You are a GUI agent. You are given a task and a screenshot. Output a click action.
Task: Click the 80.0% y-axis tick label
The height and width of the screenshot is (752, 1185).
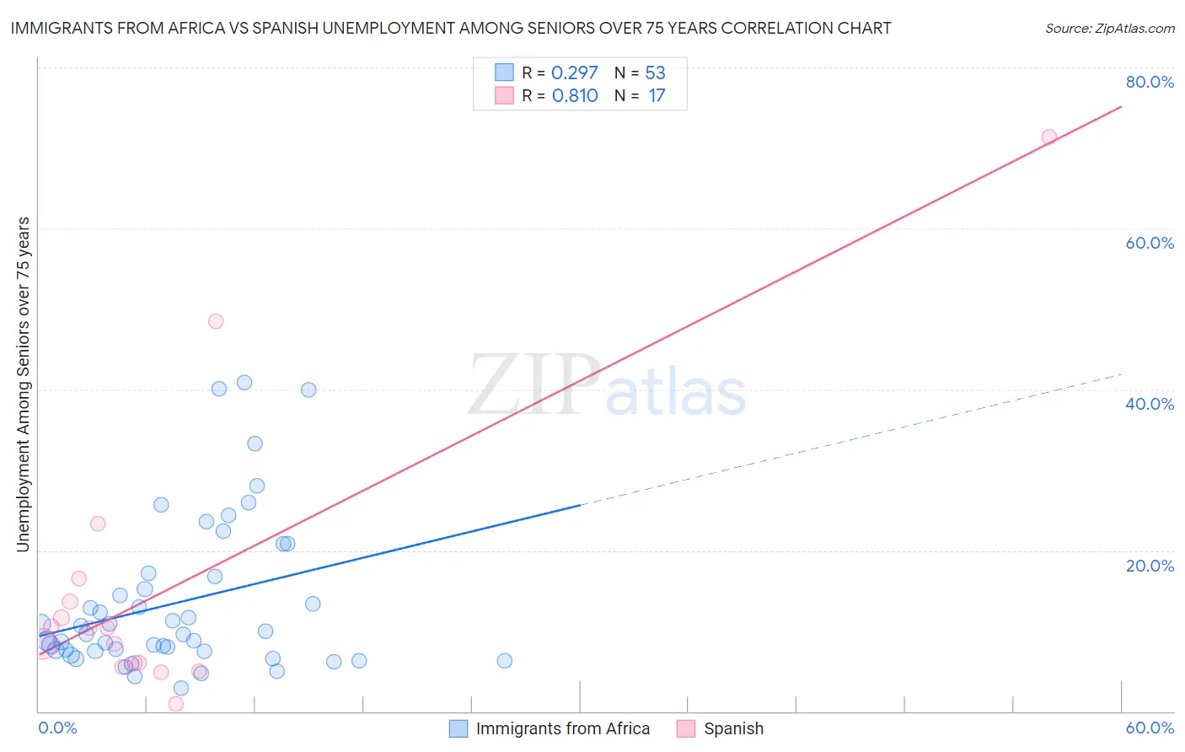(x=1150, y=82)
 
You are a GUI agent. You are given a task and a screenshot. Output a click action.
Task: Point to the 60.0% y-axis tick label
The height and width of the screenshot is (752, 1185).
(x=1150, y=243)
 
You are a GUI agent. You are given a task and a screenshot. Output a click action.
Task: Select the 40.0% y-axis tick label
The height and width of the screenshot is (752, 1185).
(x=1150, y=404)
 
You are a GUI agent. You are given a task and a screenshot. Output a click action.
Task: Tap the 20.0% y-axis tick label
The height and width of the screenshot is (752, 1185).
(x=1150, y=565)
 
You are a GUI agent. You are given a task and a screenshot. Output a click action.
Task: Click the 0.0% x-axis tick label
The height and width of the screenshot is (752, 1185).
(x=57, y=728)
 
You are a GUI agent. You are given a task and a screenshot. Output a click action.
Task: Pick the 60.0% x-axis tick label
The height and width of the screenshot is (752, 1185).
(x=1150, y=728)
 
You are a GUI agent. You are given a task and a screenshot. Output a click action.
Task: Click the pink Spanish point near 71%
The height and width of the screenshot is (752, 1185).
(x=1049, y=137)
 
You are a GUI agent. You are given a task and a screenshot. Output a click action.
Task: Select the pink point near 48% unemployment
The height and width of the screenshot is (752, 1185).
(x=216, y=321)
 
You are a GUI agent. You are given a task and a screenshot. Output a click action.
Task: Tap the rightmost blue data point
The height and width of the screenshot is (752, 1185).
(x=505, y=661)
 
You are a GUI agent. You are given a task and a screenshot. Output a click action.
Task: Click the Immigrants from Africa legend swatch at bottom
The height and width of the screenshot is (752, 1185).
(x=458, y=728)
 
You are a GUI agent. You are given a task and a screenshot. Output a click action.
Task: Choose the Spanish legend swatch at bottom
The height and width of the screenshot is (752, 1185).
(x=686, y=728)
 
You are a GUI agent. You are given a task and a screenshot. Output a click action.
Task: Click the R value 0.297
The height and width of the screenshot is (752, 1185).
(x=574, y=73)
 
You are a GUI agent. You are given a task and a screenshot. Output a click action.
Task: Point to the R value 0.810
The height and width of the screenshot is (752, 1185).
(x=575, y=95)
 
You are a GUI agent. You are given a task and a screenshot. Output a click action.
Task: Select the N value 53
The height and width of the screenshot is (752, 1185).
(x=655, y=73)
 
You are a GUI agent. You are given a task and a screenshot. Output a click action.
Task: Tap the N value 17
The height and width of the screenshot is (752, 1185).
(x=657, y=95)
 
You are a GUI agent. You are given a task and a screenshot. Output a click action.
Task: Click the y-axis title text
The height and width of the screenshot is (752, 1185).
(x=23, y=384)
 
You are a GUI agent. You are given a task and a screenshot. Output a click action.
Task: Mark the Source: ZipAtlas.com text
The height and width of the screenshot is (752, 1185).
(x=1109, y=28)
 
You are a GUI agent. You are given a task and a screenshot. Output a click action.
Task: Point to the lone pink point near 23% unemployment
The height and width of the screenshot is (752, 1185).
(x=98, y=524)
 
